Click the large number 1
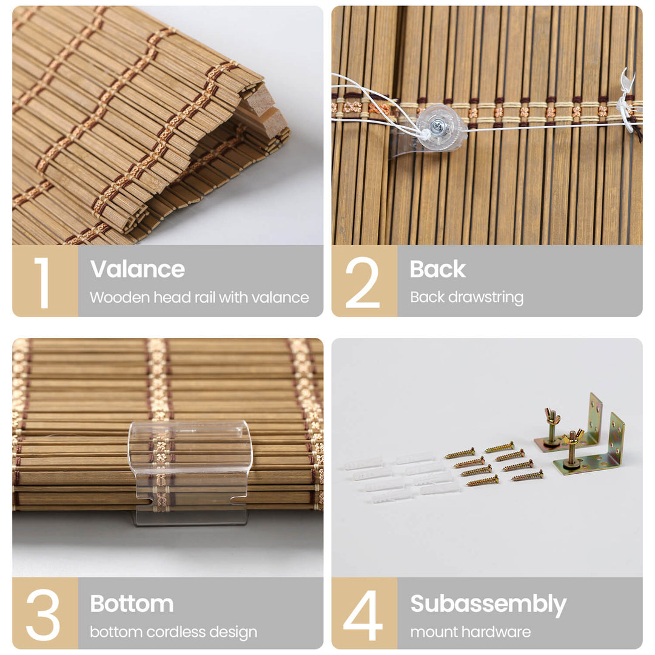[x=43, y=283]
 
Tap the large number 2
[x=362, y=283]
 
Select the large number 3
[x=43, y=614]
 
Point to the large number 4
[x=363, y=614]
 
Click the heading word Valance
[x=138, y=269]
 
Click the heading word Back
[x=437, y=269]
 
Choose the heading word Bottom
[x=132, y=603]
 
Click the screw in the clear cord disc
[x=438, y=124]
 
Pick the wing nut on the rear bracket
[x=552, y=417]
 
